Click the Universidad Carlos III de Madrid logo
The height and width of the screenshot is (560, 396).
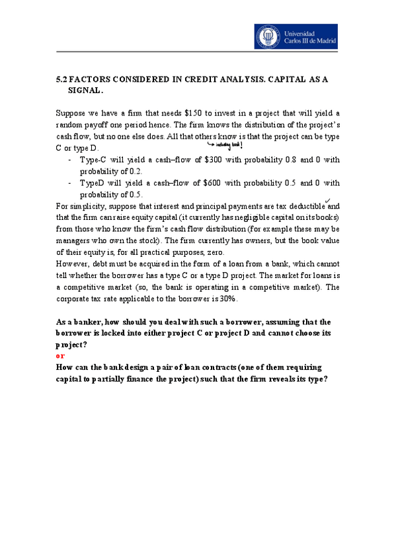click(296, 36)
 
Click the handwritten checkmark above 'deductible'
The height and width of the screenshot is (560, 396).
click(327, 201)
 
